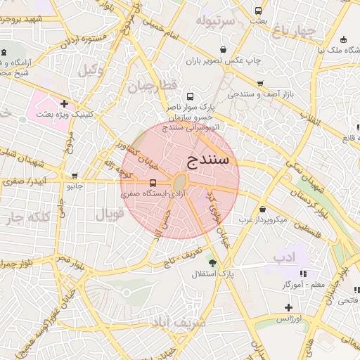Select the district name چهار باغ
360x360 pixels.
pyautogui.click(x=294, y=32)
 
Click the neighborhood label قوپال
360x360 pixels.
pyautogui.click(x=110, y=212)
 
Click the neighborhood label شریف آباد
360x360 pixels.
pyautogui.click(x=177, y=323)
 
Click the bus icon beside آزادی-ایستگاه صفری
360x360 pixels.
pyautogui.click(x=153, y=184)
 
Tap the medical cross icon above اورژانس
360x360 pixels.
pyautogui.click(x=288, y=307)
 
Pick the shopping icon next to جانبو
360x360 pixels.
pyautogui.click(x=75, y=176)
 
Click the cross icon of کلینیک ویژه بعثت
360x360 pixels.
pyautogui.click(x=65, y=103)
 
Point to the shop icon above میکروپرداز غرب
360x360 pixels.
pyautogui.click(x=262, y=209)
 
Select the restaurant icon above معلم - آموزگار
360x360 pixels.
pyautogui.click(x=303, y=274)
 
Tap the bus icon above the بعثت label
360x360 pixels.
pyautogui.click(x=258, y=11)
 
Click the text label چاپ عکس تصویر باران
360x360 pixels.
pyautogui.click(x=223, y=60)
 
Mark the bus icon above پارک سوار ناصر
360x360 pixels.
pyautogui.click(x=189, y=96)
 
